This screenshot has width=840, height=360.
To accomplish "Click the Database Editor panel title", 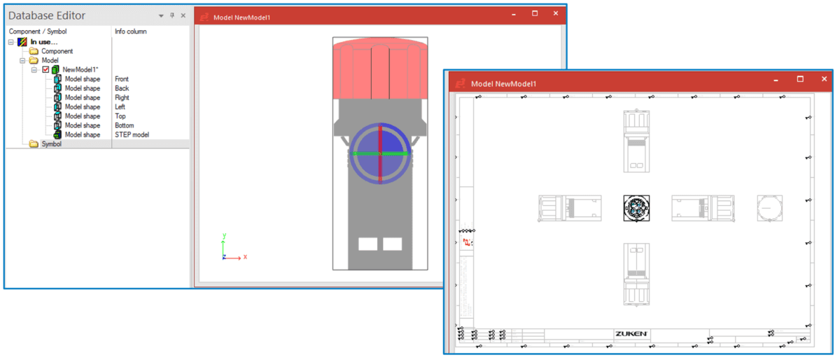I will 47,15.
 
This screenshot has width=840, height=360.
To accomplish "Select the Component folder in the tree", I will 56,51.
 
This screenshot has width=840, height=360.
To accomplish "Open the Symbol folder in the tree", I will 51,144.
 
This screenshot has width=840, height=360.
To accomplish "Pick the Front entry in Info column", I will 122,79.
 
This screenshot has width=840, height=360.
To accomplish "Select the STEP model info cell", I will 132,134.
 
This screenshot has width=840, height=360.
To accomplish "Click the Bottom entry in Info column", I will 124,125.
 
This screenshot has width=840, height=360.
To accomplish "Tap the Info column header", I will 130,32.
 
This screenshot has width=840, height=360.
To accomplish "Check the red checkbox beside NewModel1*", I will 45,70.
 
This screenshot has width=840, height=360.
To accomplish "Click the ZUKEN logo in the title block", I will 631,333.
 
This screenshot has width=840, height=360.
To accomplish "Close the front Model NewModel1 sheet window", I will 824,79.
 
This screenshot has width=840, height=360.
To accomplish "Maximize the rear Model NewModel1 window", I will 535,13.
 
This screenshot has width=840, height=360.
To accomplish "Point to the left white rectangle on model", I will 367,244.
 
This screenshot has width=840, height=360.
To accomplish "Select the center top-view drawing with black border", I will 636,208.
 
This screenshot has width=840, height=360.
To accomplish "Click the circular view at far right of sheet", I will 769,208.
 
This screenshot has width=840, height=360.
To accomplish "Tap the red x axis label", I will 245,257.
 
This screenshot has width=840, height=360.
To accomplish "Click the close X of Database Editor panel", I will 183,15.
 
